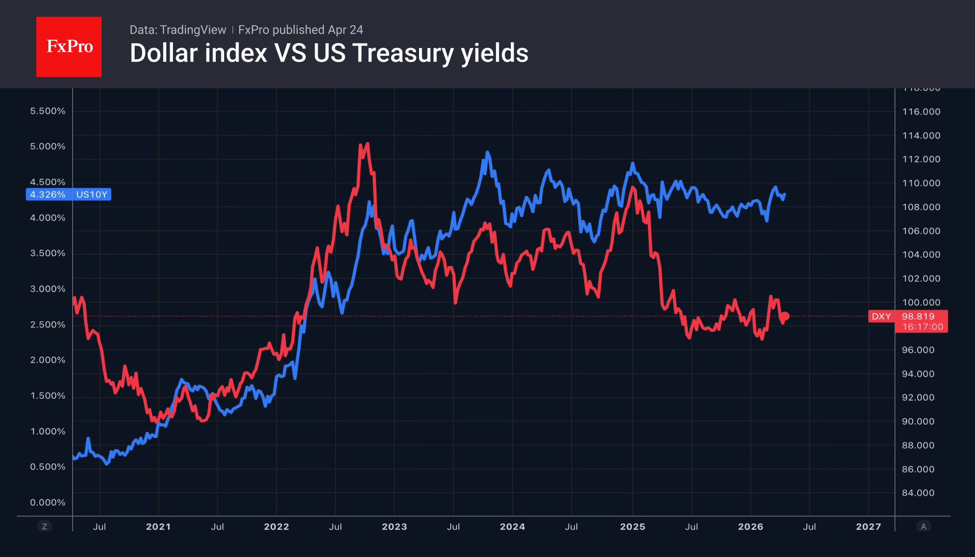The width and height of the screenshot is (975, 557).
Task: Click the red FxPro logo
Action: click(69, 47)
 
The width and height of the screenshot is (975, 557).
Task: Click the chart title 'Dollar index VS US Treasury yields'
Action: click(329, 53)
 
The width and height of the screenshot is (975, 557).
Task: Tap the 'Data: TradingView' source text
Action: click(178, 30)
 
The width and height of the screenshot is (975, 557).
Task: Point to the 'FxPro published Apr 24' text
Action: click(301, 30)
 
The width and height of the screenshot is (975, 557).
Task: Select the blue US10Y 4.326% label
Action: click(69, 194)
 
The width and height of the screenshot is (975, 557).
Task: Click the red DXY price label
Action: click(881, 316)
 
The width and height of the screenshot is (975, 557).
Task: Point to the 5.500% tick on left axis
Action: click(48, 111)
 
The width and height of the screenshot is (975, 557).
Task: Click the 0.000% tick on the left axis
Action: click(48, 502)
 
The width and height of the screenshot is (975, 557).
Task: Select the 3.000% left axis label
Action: click(48, 289)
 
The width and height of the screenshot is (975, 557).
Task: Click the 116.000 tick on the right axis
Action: click(921, 111)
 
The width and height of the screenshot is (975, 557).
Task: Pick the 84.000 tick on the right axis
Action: click(918, 493)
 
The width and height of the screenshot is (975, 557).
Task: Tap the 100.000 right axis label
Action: click(921, 302)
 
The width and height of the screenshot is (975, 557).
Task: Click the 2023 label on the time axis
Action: click(394, 527)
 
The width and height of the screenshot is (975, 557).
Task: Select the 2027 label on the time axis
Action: click(868, 527)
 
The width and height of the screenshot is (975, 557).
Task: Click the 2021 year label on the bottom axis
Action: click(158, 527)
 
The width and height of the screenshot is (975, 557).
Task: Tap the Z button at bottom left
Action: click(45, 527)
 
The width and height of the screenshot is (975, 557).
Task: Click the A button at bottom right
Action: click(923, 527)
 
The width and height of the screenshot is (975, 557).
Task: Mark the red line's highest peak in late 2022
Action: click(368, 144)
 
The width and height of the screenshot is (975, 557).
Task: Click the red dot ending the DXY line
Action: click(786, 316)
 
